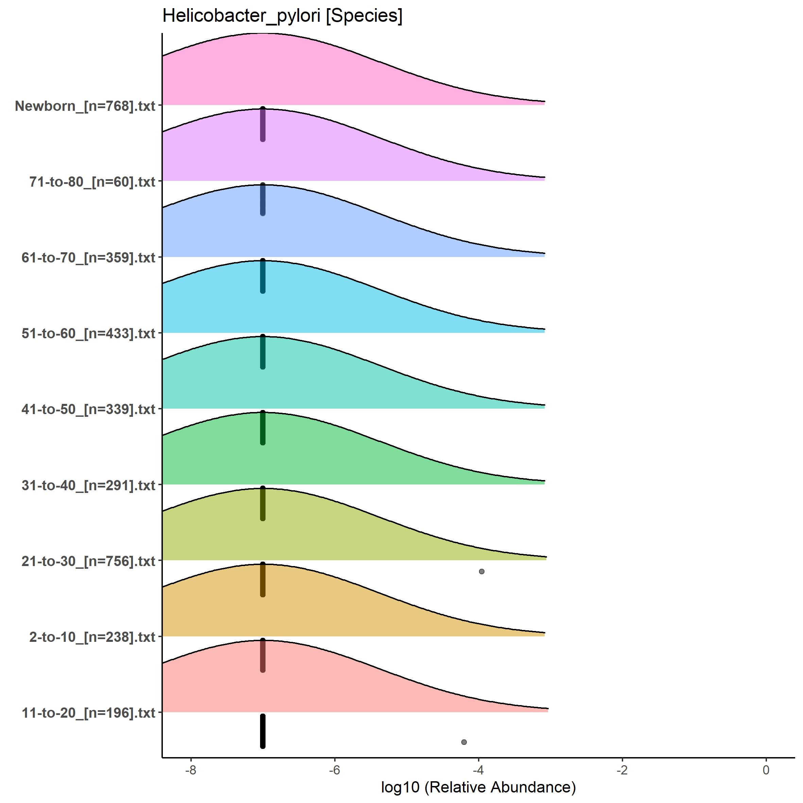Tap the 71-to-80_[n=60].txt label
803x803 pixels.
92,182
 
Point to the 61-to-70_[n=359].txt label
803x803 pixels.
88,258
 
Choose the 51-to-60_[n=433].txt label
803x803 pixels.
88,333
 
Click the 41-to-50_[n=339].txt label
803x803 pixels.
88,409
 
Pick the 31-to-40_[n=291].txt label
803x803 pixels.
88,485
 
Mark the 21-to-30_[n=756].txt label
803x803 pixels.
88,561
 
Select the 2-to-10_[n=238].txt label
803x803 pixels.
92,637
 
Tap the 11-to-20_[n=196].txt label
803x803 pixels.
88,713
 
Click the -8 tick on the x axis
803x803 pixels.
191,770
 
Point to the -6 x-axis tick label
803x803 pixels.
335,770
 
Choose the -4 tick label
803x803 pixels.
478,770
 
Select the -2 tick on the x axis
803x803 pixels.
622,770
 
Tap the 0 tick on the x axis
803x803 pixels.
766,770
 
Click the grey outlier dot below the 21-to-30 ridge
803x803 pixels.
482,571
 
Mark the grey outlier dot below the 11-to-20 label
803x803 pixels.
464,742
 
